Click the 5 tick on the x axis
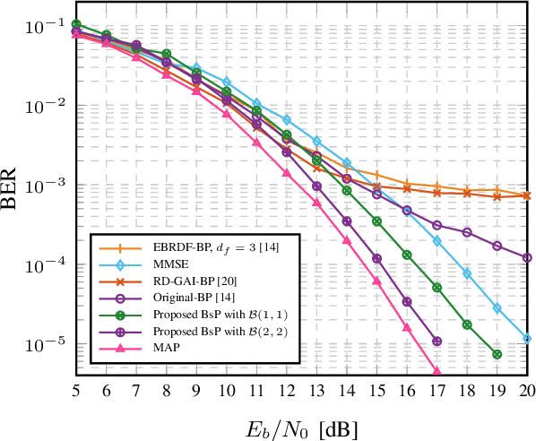[75, 392]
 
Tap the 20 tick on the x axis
[527, 392]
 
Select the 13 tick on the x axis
[316, 392]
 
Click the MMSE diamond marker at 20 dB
[527, 339]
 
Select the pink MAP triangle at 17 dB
[437, 371]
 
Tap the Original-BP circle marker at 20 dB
[527, 257]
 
